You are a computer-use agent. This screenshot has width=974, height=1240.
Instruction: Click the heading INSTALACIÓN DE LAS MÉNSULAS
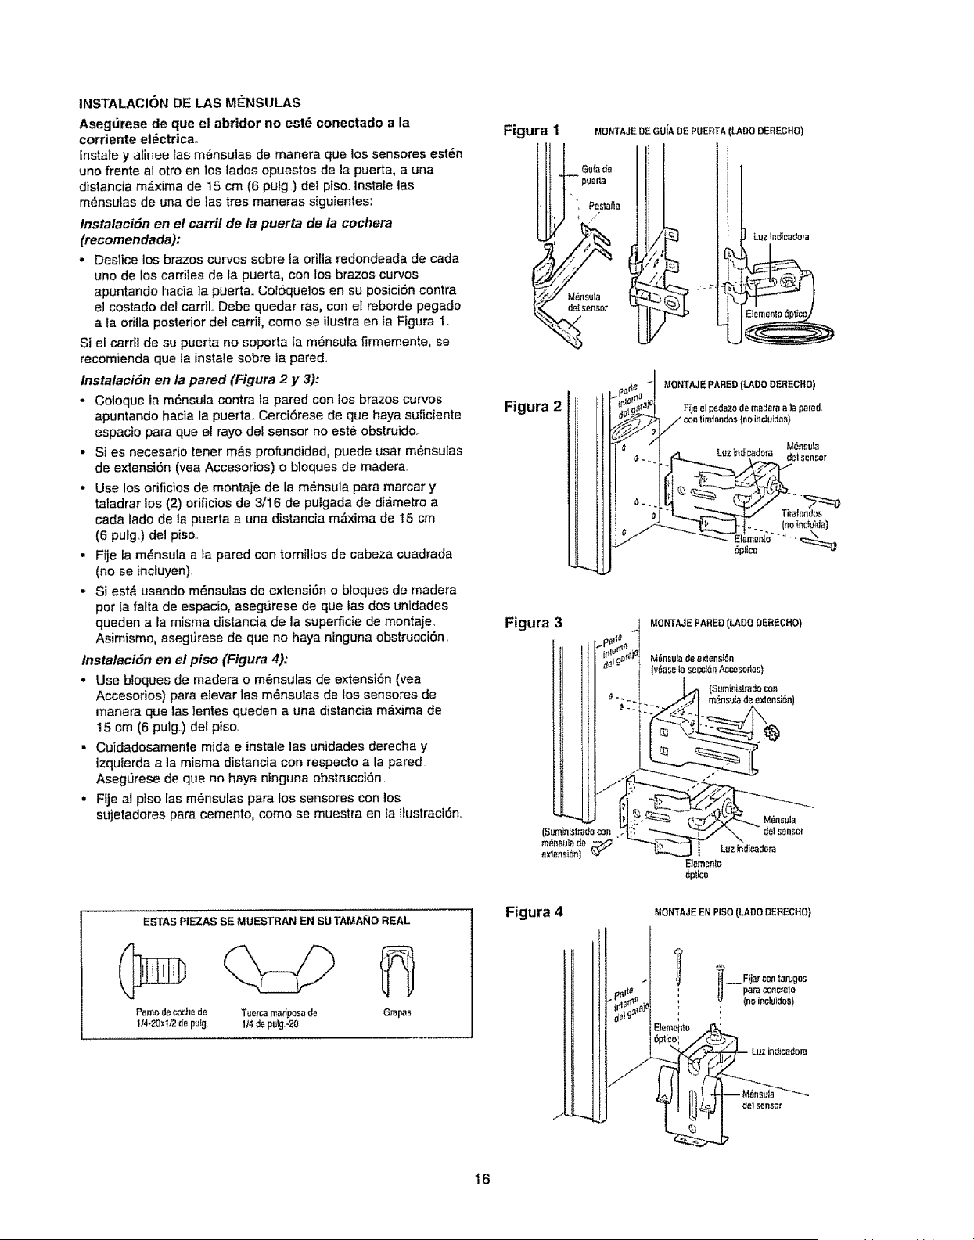coord(189,103)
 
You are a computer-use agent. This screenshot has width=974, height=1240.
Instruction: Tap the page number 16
coord(483,1180)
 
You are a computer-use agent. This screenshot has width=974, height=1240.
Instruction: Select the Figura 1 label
coord(530,130)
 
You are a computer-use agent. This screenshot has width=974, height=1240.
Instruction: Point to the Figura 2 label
coord(533,406)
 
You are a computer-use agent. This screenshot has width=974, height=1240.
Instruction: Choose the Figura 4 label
coord(534,911)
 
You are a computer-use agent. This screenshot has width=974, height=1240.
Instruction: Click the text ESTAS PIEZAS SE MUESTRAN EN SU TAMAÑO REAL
coord(277,921)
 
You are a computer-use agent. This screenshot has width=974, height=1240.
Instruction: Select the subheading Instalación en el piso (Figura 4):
coord(185,660)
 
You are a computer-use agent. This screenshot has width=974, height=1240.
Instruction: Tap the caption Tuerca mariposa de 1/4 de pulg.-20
coord(279,1019)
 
